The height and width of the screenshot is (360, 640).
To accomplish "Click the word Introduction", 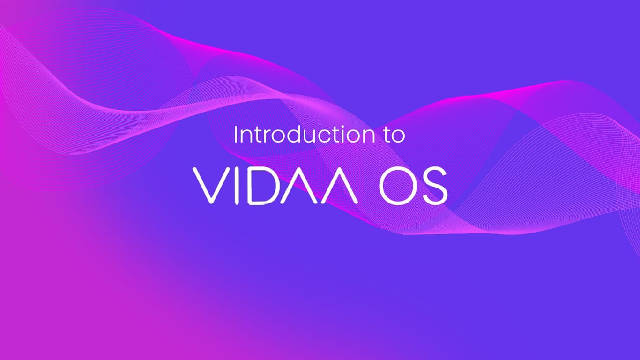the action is click(x=304, y=134).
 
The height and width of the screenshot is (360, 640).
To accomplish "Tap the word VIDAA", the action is click(x=275, y=186).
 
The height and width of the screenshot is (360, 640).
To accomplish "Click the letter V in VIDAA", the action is click(x=212, y=186).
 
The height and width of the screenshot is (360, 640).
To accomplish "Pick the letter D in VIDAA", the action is click(x=262, y=186).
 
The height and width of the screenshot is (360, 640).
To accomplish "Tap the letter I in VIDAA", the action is click(x=237, y=186).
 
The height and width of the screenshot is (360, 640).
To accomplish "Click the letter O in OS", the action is click(x=400, y=186).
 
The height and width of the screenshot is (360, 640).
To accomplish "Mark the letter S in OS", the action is click(x=435, y=186).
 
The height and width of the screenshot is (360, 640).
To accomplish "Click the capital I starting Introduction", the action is click(x=235, y=135).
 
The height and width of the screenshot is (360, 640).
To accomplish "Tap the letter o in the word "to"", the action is click(x=398, y=137).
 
